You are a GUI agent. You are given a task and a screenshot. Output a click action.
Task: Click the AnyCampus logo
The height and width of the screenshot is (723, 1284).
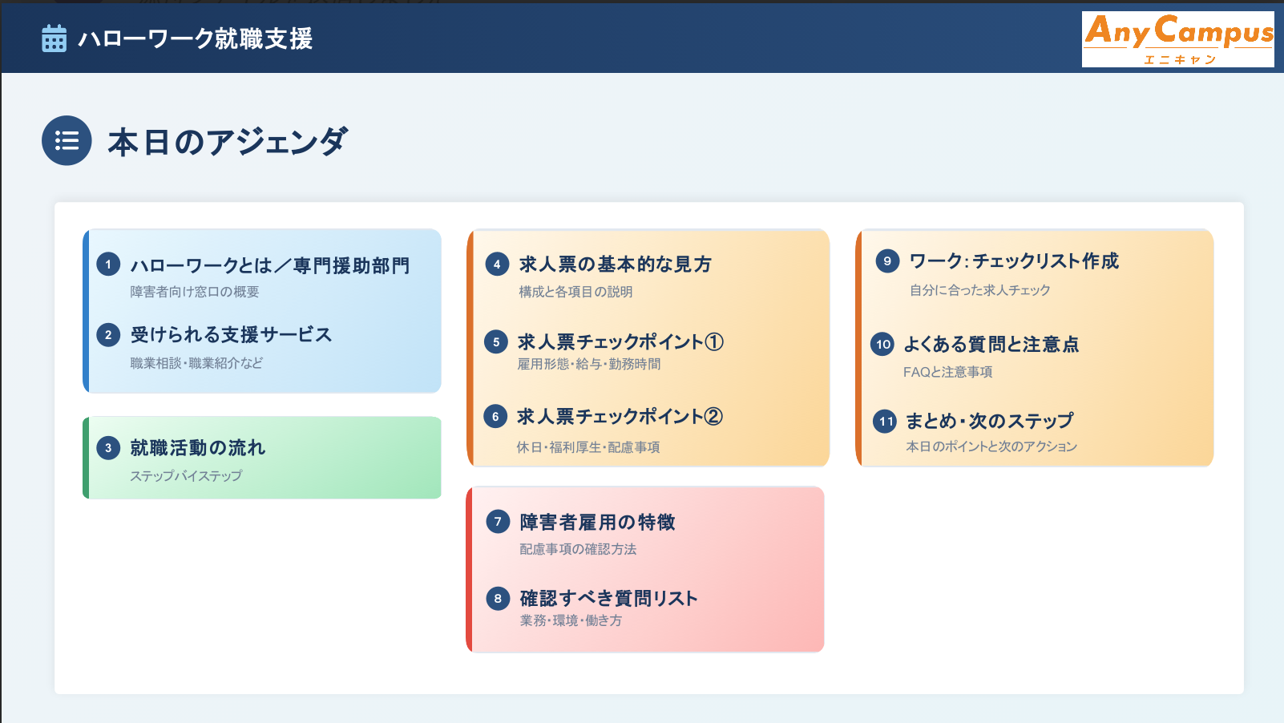click(1178, 39)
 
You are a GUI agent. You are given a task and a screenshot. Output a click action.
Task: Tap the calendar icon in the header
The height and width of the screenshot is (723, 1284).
click(54, 38)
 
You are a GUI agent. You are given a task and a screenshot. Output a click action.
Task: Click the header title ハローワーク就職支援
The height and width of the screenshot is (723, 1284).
click(196, 39)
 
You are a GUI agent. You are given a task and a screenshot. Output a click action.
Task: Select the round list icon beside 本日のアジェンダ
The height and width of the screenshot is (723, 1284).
click(67, 140)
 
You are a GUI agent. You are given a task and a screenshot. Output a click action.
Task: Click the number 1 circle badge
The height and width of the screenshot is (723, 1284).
click(107, 265)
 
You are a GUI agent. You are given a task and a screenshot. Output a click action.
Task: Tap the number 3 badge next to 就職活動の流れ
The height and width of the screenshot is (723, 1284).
click(107, 448)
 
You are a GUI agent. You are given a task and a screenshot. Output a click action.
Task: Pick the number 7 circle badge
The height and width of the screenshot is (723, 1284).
click(498, 522)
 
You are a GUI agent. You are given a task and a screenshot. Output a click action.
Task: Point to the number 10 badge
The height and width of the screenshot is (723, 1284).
click(882, 344)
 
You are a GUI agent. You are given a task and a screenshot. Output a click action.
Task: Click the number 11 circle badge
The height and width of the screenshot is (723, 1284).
click(885, 422)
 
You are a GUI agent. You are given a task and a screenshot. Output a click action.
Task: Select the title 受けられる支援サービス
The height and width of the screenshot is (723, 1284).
click(231, 335)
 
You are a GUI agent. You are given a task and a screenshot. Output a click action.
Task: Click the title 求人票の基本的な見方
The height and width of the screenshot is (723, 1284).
click(615, 265)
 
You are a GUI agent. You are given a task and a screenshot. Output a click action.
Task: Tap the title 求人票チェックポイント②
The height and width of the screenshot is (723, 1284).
click(620, 417)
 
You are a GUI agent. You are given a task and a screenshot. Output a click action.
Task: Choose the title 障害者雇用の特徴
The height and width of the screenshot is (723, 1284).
click(597, 523)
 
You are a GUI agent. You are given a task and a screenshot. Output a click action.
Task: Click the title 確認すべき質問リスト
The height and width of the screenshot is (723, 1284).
click(609, 599)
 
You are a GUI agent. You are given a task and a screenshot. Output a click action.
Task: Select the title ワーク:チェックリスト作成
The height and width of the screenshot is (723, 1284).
click(1014, 261)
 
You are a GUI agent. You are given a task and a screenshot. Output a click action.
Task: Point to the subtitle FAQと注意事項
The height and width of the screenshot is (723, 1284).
click(947, 372)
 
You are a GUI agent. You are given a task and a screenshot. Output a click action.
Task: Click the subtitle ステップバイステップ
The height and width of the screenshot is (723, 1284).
click(186, 476)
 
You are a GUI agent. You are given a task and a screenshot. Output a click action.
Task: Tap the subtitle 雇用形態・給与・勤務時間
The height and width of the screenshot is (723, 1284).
click(588, 364)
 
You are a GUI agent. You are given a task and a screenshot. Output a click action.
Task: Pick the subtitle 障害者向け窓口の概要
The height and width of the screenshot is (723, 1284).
click(194, 292)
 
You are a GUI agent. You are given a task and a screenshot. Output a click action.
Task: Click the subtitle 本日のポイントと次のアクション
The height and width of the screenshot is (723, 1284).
click(991, 446)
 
